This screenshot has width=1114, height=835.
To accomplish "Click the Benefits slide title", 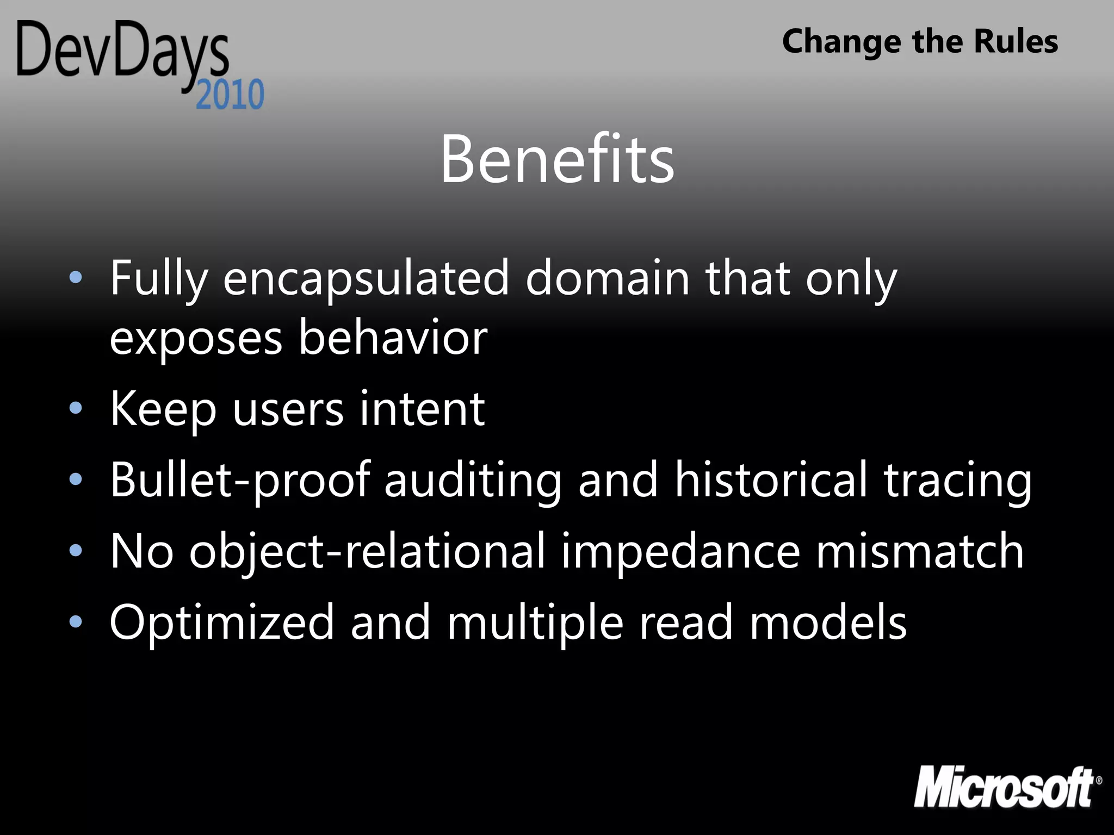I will pos(557,159).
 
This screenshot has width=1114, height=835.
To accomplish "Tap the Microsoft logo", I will pos(1006,787).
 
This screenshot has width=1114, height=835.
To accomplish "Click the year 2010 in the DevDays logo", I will pos(230,95).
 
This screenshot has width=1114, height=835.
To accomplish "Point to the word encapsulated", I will pos(366,278).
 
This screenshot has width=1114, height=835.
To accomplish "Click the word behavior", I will pos(393,338).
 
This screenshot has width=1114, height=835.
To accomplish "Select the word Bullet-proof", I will pos(240,479).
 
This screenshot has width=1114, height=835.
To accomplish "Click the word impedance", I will pos(680,551).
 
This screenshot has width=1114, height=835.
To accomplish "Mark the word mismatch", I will pos(920,551).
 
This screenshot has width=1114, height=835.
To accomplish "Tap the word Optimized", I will pos(222,622).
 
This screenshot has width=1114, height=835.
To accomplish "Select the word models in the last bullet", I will pos(828,622).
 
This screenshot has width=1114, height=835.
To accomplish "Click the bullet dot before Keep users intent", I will pos(76,408).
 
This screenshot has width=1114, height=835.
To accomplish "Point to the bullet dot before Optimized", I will pos(76,621).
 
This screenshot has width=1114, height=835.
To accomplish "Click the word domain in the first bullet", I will pos(607,278).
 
